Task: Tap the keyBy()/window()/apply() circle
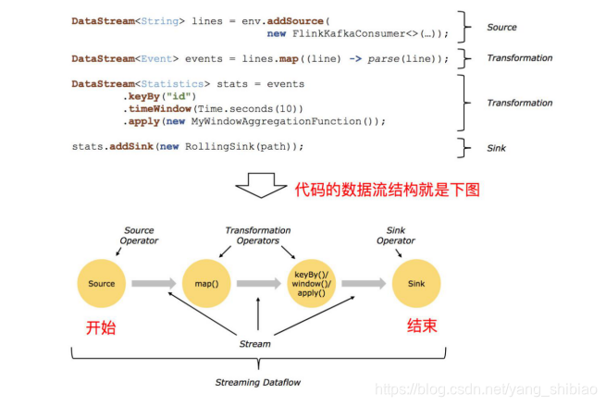pos(312,284)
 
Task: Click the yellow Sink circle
pos(417,284)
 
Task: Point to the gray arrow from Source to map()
pos(154,284)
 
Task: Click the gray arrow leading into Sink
pos(365,284)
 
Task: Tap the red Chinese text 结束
pos(423,326)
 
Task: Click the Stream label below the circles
pos(255,343)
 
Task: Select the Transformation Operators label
pos(258,235)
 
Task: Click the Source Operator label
pos(140,235)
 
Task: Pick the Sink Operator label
pos(395,235)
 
